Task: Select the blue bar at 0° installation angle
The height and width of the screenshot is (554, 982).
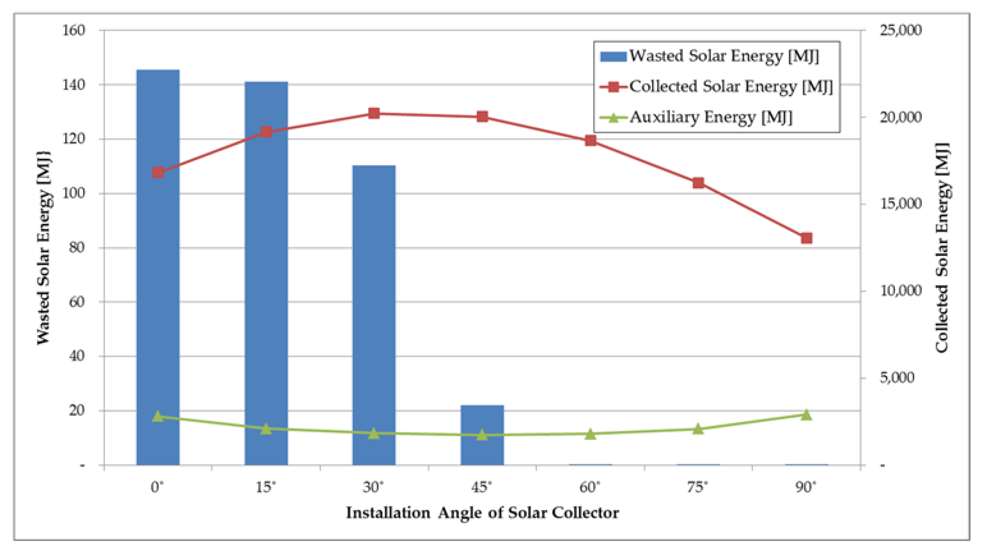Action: click(158, 267)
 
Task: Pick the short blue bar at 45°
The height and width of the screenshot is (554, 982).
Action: click(482, 435)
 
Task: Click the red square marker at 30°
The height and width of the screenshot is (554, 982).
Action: click(374, 113)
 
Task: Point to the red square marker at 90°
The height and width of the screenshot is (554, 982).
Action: click(806, 239)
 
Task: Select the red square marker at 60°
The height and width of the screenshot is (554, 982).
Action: click(591, 140)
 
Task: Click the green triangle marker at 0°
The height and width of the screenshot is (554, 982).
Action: click(158, 416)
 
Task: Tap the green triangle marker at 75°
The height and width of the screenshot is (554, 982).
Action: click(698, 429)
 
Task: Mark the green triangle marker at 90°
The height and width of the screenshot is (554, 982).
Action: click(806, 414)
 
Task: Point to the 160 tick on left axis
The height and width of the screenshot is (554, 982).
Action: click(73, 30)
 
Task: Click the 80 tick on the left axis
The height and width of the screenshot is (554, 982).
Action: click(77, 248)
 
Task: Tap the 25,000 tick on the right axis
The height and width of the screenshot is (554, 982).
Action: click(901, 30)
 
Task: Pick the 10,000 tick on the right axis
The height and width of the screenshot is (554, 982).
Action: click(901, 291)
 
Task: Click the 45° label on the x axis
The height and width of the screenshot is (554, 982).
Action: click(482, 487)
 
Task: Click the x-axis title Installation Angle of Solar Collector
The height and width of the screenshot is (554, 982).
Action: click(482, 513)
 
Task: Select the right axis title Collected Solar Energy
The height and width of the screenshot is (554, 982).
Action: click(942, 248)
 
